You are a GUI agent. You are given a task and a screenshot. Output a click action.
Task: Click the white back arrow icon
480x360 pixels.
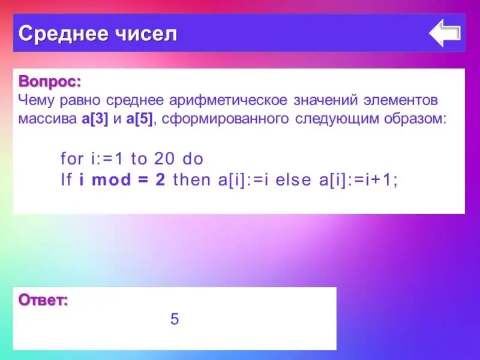click(x=445, y=33)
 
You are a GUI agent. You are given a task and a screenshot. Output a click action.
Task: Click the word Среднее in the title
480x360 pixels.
click(x=64, y=34)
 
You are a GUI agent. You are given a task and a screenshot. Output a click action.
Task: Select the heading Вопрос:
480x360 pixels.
click(x=50, y=82)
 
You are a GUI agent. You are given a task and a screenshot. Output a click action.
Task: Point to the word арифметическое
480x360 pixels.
click(x=229, y=100)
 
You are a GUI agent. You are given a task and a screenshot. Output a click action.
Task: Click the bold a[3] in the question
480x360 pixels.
click(x=95, y=119)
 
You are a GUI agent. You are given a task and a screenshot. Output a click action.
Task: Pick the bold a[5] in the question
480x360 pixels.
click(x=139, y=119)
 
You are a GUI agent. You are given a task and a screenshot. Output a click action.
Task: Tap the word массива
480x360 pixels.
click(x=47, y=119)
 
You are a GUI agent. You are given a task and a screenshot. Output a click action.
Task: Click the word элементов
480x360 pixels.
click(x=401, y=100)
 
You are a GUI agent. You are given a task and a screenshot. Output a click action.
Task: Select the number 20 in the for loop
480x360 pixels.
click(x=164, y=158)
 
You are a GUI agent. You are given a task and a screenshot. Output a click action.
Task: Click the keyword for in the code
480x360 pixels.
click(x=72, y=158)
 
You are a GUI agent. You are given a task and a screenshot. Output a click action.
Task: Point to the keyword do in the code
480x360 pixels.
click(x=193, y=158)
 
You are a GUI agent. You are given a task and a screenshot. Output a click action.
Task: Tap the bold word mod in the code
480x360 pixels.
click(x=111, y=179)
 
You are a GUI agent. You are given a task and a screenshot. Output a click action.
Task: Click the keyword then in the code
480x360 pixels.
click(x=191, y=179)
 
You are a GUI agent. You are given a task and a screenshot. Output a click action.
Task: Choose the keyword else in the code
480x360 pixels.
click(x=293, y=179)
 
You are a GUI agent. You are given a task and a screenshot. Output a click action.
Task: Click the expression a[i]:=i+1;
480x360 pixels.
click(x=358, y=179)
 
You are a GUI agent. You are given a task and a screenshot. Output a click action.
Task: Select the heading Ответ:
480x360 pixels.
click(x=43, y=300)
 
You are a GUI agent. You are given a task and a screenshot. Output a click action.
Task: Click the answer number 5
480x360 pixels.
click(x=175, y=319)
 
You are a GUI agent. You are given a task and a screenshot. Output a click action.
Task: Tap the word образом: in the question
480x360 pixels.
click(x=415, y=119)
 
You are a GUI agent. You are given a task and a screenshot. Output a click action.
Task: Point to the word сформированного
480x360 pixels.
click(x=225, y=119)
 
